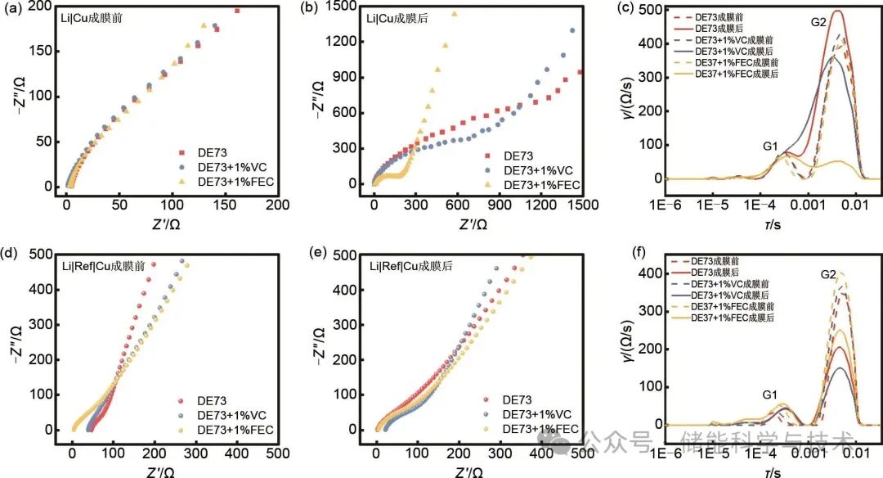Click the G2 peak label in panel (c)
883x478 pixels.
coord(818,21)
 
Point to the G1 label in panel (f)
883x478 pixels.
coord(769,395)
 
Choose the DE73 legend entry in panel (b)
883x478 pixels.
coord(518,156)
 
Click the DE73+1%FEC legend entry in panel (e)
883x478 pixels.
coord(540,429)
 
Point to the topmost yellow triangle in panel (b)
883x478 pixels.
coord(455,14)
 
